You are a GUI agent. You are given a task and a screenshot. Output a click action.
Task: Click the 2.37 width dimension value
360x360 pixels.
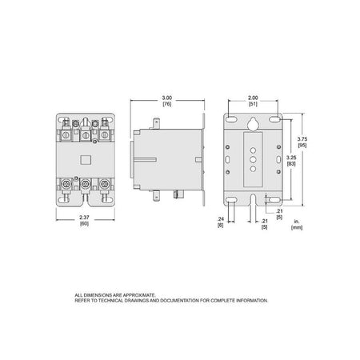84,218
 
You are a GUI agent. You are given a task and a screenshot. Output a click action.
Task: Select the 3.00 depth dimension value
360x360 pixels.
167,98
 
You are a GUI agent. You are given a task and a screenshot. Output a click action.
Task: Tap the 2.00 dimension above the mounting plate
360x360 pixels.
253,98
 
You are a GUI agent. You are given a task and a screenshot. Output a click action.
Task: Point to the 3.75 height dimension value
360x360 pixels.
302,139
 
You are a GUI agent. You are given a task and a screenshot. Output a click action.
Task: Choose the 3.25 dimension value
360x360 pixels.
291,158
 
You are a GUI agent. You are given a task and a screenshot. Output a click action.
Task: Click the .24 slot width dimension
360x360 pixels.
221,219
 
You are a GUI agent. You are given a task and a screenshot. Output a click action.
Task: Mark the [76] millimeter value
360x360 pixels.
167,104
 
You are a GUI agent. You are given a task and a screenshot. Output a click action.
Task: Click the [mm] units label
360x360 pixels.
297,227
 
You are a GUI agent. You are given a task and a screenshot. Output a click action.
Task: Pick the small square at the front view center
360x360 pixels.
86,160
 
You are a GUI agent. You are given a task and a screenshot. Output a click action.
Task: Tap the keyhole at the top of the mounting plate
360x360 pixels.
253,124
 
